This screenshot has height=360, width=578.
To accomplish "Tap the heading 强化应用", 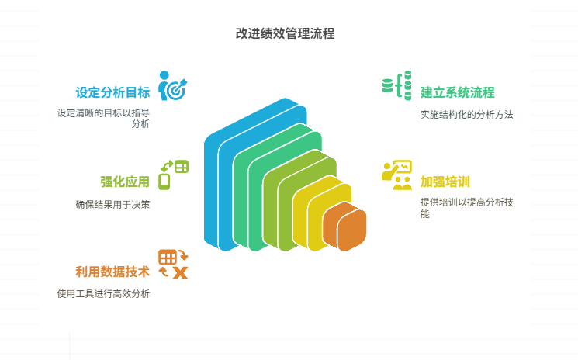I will point(124,182).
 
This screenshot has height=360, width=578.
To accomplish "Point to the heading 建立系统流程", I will point(458,92).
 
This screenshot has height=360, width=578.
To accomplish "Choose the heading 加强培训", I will point(446,182).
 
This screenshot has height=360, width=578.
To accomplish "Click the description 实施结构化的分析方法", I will point(467,114).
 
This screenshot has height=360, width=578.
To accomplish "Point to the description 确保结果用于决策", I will point(112,205).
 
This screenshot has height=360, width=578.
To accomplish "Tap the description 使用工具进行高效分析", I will point(103,294).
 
